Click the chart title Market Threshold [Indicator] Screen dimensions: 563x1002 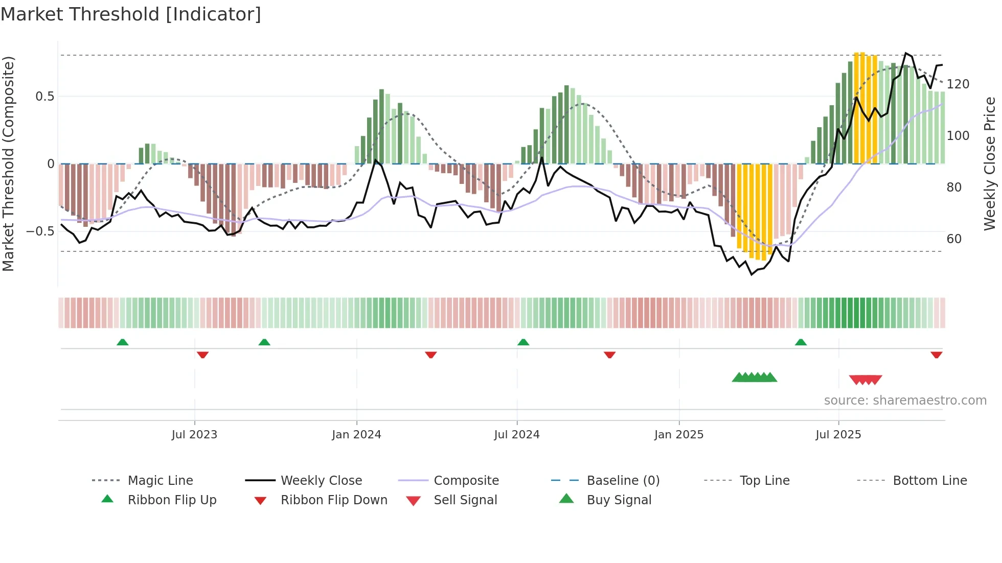131,14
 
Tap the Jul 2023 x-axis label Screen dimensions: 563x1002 194,435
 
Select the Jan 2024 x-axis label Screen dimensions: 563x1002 356,435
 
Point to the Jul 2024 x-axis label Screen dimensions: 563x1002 517,435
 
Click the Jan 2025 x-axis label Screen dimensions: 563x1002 679,435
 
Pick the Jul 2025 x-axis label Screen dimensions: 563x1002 838,435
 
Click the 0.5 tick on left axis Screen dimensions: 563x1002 44,97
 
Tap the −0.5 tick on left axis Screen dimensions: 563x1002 40,231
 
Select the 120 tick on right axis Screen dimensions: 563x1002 958,84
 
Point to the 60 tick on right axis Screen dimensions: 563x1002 954,239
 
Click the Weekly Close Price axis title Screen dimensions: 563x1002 990,163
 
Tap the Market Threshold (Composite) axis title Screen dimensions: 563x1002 8,163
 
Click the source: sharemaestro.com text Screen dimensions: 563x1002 905,401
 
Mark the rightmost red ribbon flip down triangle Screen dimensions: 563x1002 936,355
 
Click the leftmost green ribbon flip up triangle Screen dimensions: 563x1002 122,342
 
